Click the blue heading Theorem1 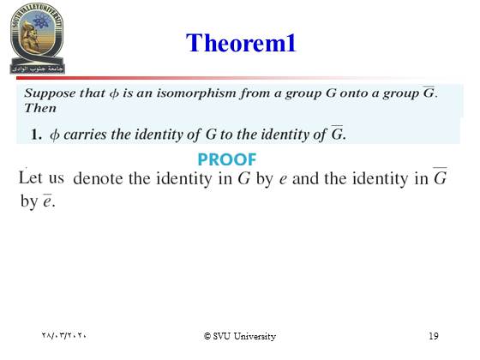point(241,43)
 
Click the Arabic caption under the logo point(37,69)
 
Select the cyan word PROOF point(227,159)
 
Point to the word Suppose point(50,93)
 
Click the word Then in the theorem point(40,108)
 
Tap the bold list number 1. point(36,135)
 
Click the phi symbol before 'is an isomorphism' point(114,93)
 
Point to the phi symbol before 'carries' point(55,135)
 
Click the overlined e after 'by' point(47,201)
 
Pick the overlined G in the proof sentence point(441,177)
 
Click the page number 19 point(434,336)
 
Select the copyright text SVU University point(240,336)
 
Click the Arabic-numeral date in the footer point(64,335)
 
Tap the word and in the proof point(305,178)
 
